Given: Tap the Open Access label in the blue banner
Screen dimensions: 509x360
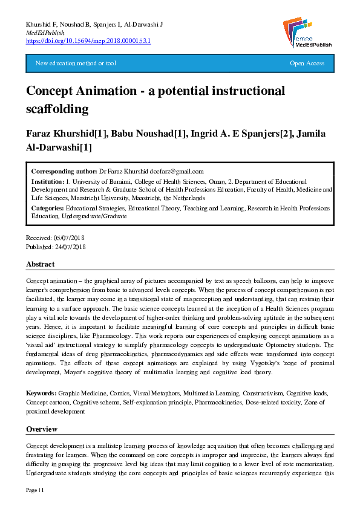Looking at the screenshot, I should click(307, 63).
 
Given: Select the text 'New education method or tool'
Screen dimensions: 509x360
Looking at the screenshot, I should click(76, 63).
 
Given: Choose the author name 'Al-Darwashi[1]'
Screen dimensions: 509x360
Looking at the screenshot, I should click(59, 148).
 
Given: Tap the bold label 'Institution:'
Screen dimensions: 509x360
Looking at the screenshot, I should click(48, 181).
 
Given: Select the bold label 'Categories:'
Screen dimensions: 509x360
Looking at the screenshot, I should click(48, 208).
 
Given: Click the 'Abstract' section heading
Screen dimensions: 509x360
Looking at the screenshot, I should click(40, 264).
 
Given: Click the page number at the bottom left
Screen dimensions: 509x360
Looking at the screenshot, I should click(35, 489).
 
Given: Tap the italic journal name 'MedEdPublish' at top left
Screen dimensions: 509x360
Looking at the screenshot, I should click(45, 32).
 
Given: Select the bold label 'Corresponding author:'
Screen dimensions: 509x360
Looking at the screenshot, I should click(64, 171).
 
